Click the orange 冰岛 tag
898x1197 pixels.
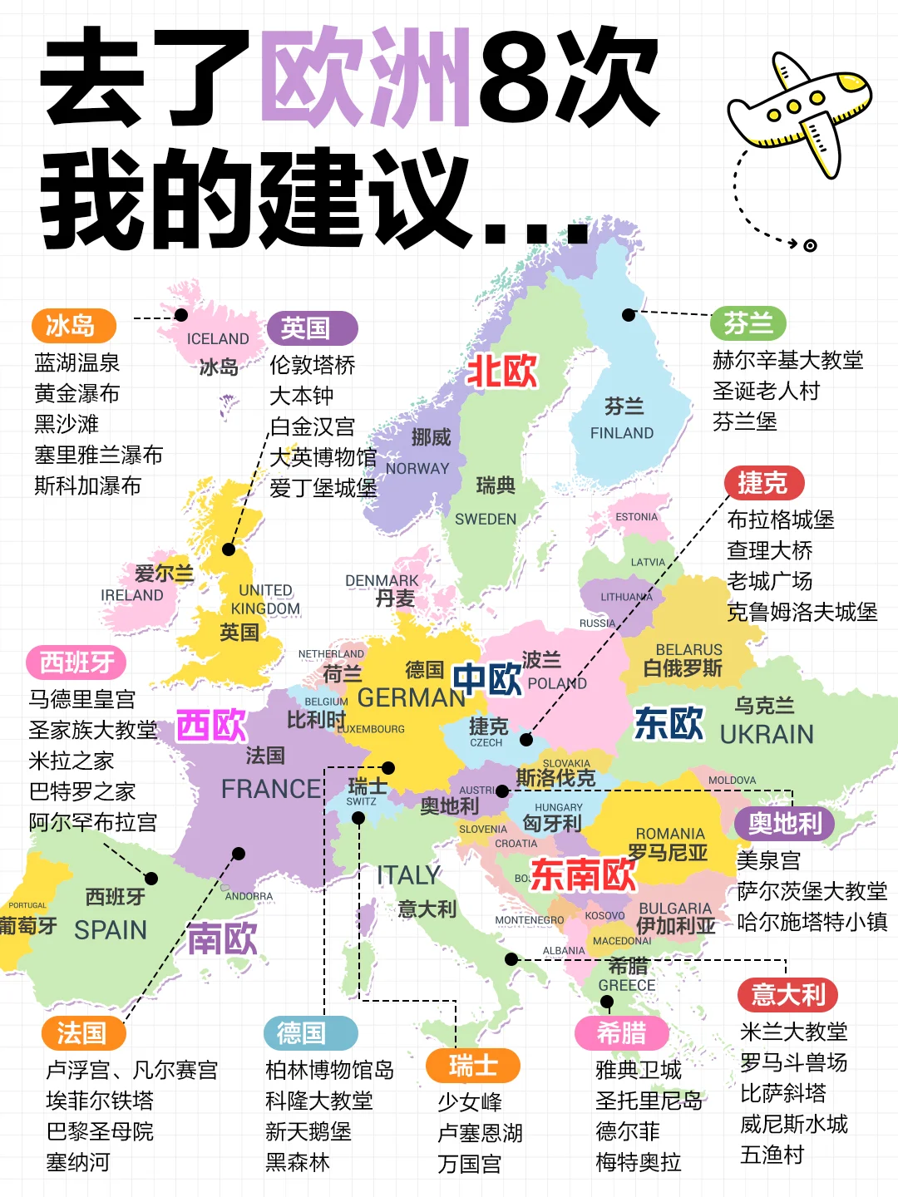coord(73,326)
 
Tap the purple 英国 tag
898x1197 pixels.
coord(312,328)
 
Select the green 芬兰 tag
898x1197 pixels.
coord(748,323)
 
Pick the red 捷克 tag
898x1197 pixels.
coord(762,483)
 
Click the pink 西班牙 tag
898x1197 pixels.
coord(76,663)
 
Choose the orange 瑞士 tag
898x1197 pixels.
coord(472,1066)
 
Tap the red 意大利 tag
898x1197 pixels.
coord(787,994)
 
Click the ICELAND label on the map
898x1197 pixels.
coord(218,339)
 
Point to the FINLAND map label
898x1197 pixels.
coord(622,433)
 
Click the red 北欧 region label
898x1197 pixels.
coord(502,372)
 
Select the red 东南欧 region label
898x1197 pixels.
coord(583,874)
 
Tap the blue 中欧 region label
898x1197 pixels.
coord(487,679)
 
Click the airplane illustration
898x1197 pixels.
coord(798,112)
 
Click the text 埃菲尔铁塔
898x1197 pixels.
coord(100,1101)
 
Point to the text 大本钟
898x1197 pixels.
coord(301,396)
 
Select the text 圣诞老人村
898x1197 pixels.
coord(766,391)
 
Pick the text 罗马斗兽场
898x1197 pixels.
coord(794,1062)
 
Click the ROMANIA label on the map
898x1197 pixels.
coord(670,834)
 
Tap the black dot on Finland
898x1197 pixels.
coord(629,315)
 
